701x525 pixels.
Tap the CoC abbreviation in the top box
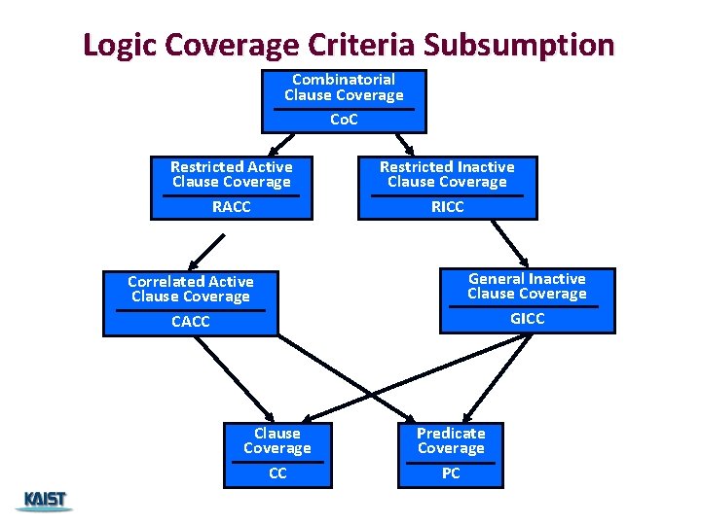coord(344,120)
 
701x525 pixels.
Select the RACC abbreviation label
coord(231,206)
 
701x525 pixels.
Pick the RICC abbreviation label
coord(447,206)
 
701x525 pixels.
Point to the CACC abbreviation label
coord(190,321)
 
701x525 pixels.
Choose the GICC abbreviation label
coord(527,318)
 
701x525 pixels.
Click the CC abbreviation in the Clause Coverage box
coord(277,473)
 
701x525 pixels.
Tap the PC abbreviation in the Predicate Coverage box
coord(451,473)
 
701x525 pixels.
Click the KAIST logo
coord(43,501)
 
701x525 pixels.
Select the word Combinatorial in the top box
coord(344,79)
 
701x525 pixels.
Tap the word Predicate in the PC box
coord(451,433)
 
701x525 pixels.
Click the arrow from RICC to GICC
coord(509,243)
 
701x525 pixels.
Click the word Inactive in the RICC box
coord(474,167)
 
